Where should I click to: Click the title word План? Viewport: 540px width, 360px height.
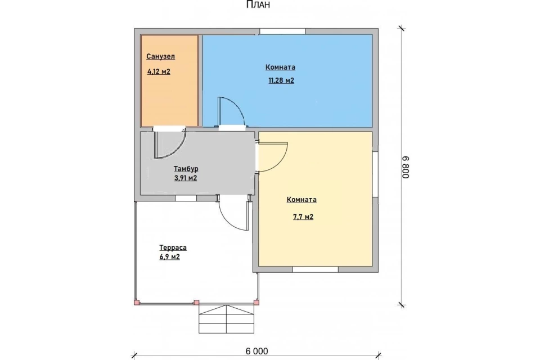(258, 4)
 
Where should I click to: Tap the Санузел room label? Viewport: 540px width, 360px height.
(160, 56)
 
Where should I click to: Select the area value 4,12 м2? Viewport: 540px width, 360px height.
(159, 71)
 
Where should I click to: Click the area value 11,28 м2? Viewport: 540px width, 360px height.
(281, 80)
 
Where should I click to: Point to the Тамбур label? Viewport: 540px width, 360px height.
(186, 169)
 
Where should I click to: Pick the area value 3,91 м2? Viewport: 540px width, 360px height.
(186, 178)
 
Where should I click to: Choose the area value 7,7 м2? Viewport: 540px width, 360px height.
(303, 217)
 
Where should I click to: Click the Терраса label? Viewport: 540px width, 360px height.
(173, 247)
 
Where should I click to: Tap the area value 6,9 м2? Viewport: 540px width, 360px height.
(169, 257)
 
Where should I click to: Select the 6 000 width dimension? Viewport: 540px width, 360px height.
(256, 351)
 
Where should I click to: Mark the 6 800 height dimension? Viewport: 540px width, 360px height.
(406, 167)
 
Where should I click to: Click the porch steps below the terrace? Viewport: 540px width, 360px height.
(227, 319)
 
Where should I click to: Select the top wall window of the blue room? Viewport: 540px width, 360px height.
(282, 31)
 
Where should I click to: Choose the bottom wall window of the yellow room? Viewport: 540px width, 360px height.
(315, 269)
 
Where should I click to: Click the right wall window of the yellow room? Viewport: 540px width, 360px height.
(375, 174)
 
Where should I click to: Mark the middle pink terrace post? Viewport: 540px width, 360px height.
(196, 303)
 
